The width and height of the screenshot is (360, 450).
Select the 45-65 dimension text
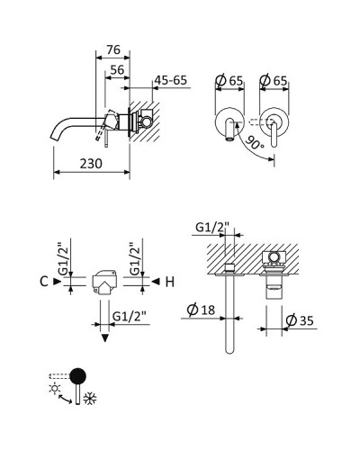(x=171, y=81)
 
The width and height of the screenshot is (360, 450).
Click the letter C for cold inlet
(x=44, y=282)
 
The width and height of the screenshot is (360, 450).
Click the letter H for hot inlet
(x=170, y=282)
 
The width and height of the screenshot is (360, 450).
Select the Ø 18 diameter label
(x=199, y=311)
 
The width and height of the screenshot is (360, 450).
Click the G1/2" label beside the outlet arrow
(x=131, y=315)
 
